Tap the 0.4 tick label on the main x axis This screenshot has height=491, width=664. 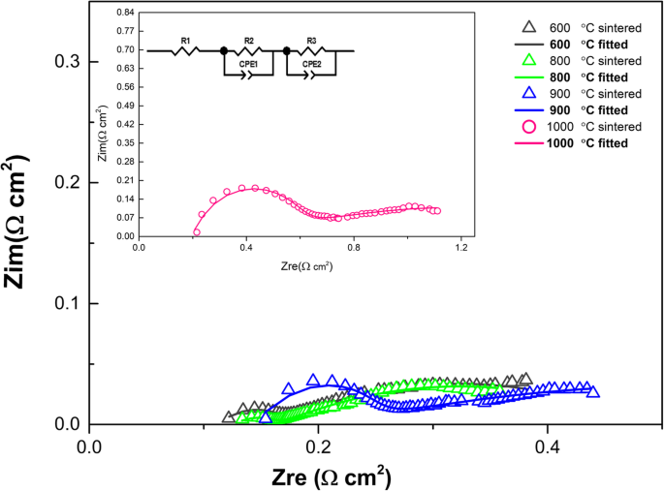point(548,448)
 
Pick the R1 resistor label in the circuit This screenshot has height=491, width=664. point(185,41)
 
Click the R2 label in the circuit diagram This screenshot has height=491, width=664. point(249,41)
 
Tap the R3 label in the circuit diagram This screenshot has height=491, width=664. point(311,41)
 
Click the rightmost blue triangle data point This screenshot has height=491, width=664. point(593,391)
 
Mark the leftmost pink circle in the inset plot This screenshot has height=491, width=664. point(196,231)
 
